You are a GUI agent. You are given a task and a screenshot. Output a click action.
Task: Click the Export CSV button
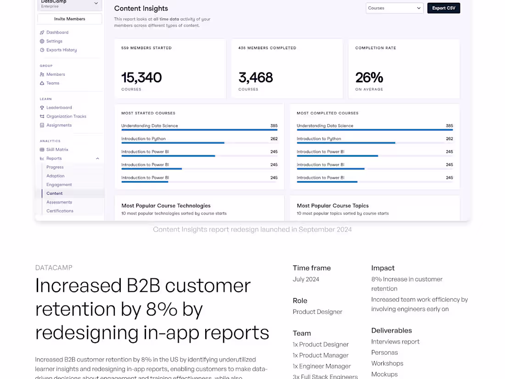click(443, 8)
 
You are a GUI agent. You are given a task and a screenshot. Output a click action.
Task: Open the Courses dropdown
click(394, 8)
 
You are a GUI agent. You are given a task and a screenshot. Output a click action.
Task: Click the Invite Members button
click(69, 19)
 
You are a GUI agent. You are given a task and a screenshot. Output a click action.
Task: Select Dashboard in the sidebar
click(57, 33)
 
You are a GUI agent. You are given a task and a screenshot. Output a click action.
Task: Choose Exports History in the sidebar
click(62, 50)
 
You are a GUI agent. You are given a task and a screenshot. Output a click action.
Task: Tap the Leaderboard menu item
click(59, 107)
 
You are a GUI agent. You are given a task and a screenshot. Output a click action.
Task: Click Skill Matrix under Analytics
click(57, 150)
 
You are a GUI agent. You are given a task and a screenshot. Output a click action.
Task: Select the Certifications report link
click(60, 211)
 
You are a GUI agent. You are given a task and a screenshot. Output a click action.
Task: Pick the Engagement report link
click(59, 185)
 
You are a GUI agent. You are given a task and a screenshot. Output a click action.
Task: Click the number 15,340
click(141, 78)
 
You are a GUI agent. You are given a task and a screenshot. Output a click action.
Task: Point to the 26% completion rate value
click(369, 78)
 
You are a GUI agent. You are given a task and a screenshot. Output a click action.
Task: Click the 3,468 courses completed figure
click(256, 78)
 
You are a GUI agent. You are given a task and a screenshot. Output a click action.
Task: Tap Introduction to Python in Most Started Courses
click(143, 139)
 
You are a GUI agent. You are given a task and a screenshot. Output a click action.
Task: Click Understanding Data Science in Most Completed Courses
click(325, 126)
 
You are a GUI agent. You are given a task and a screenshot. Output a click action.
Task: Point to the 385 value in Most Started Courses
click(274, 126)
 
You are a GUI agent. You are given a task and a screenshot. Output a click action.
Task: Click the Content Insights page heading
click(141, 8)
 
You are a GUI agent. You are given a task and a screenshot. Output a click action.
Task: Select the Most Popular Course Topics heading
click(332, 206)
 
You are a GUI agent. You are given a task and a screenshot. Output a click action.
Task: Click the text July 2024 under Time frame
click(306, 279)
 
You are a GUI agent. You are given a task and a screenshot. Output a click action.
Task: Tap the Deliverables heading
click(391, 330)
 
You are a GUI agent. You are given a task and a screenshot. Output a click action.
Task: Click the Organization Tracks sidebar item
click(66, 117)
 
